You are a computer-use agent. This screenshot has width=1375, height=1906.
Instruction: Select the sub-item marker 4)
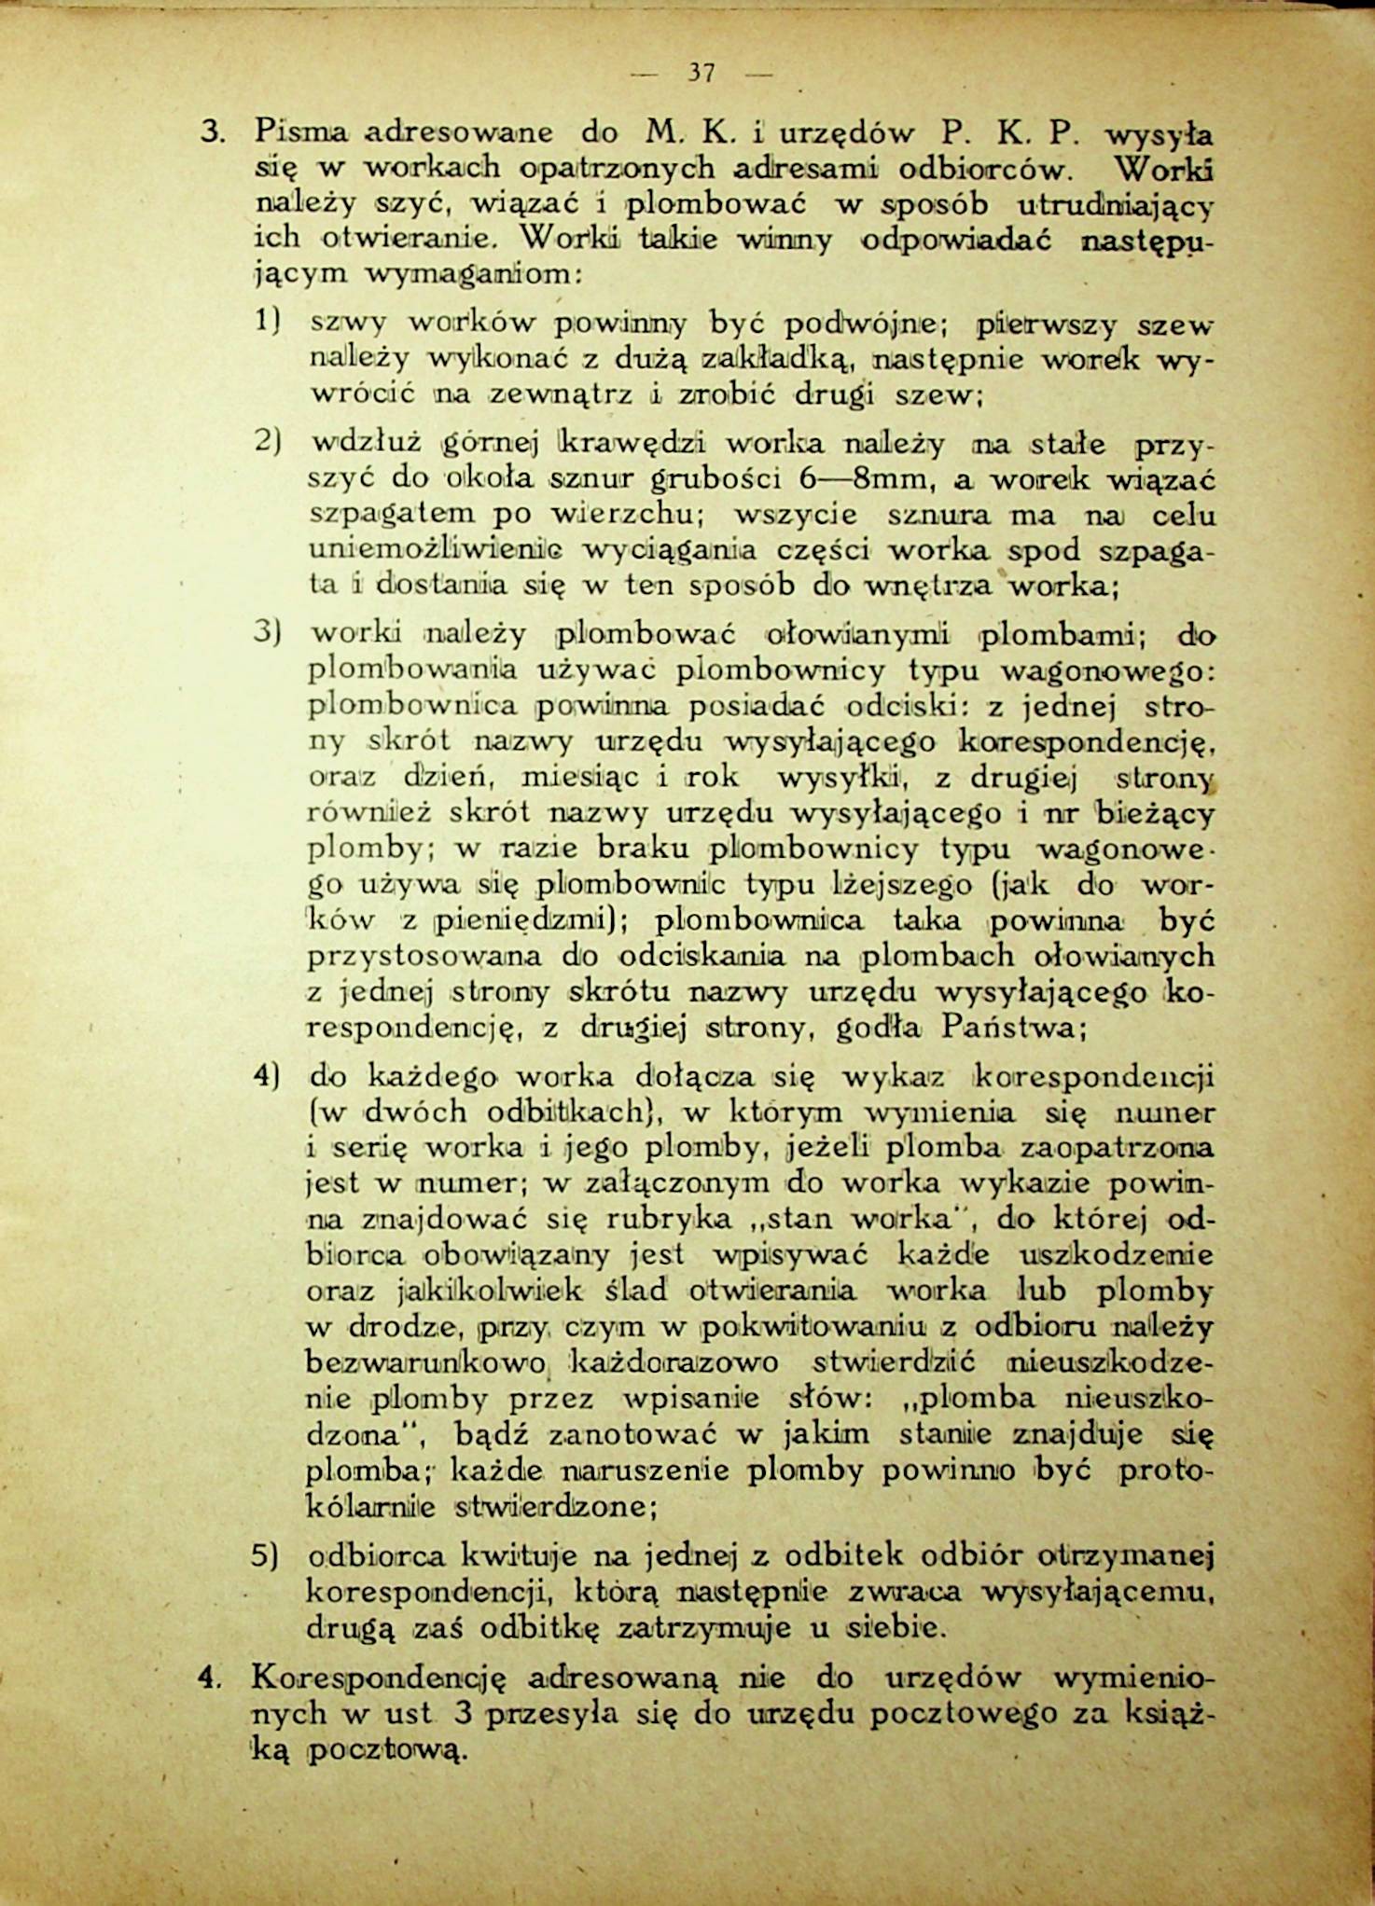[x=269, y=1076]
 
